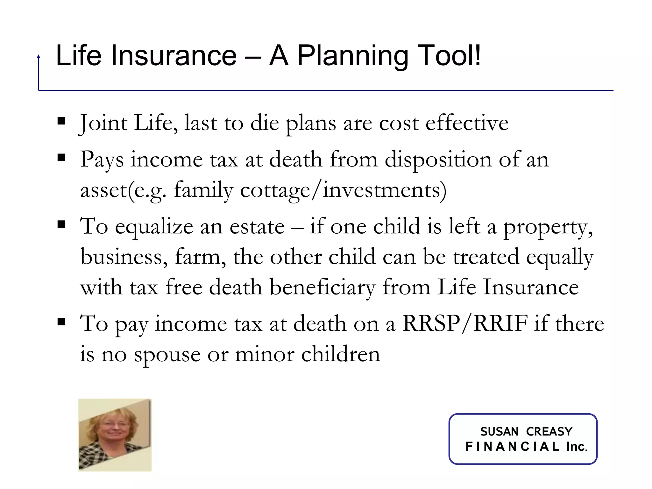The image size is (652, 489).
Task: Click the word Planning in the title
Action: pos(352,56)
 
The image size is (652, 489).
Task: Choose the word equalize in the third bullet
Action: pos(154,226)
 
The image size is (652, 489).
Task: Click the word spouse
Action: pos(167,354)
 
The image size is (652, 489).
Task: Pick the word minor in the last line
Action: pos(265,354)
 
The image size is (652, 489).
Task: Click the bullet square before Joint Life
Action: pos(61,121)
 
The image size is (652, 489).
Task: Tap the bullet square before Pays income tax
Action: pos(61,158)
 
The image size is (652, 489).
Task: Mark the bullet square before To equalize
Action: pos(61,225)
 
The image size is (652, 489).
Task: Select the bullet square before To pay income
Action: pos(61,322)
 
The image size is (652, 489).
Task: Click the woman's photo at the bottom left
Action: pos(115,435)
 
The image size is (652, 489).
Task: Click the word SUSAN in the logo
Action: pos(499,432)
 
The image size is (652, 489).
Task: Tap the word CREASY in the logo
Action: pos(549,432)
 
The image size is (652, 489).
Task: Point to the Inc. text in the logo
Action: pos(577,447)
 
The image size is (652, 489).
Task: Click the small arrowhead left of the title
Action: pos(39,57)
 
